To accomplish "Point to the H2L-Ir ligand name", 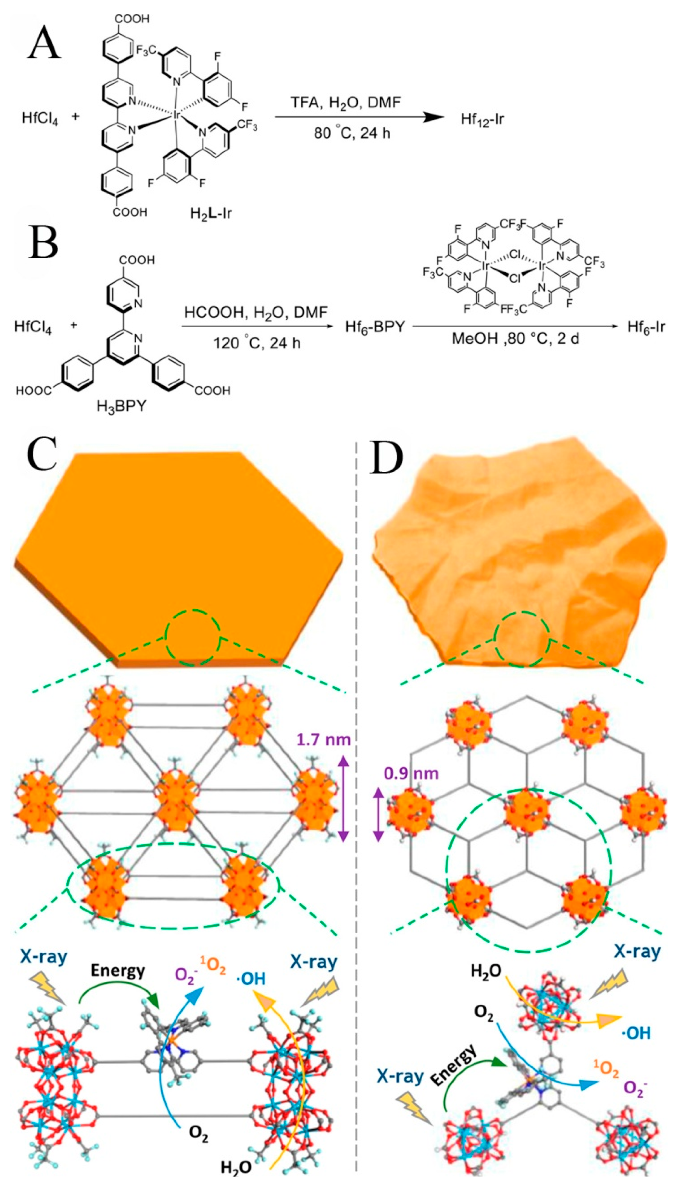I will (x=211, y=213).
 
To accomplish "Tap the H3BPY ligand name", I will (x=121, y=407).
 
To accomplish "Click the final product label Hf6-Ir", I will (x=646, y=327).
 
